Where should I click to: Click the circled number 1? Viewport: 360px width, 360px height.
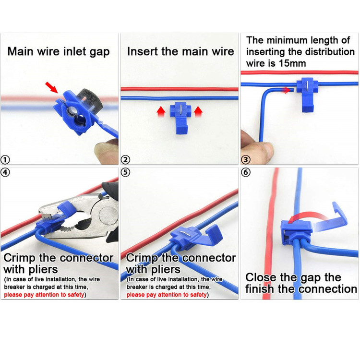click(x=5, y=159)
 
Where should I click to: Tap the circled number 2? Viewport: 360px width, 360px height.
click(x=125, y=159)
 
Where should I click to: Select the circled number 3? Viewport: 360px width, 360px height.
click(x=246, y=159)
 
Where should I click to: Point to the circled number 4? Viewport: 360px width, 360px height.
click(x=5, y=172)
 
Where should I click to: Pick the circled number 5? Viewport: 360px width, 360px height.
click(x=125, y=172)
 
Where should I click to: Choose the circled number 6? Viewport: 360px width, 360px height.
click(x=246, y=172)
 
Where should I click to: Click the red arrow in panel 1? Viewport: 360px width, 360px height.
click(x=51, y=87)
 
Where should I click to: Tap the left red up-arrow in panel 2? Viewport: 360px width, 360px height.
click(x=161, y=112)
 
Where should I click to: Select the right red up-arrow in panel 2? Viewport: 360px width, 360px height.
click(x=198, y=112)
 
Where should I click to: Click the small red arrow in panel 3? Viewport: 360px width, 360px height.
click(x=287, y=90)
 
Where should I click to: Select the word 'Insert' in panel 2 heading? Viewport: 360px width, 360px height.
click(x=143, y=51)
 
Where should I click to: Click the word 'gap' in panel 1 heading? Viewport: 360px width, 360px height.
click(x=100, y=52)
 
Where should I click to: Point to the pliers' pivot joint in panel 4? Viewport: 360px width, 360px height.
click(x=107, y=215)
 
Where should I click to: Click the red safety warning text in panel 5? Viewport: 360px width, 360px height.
click(x=167, y=295)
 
